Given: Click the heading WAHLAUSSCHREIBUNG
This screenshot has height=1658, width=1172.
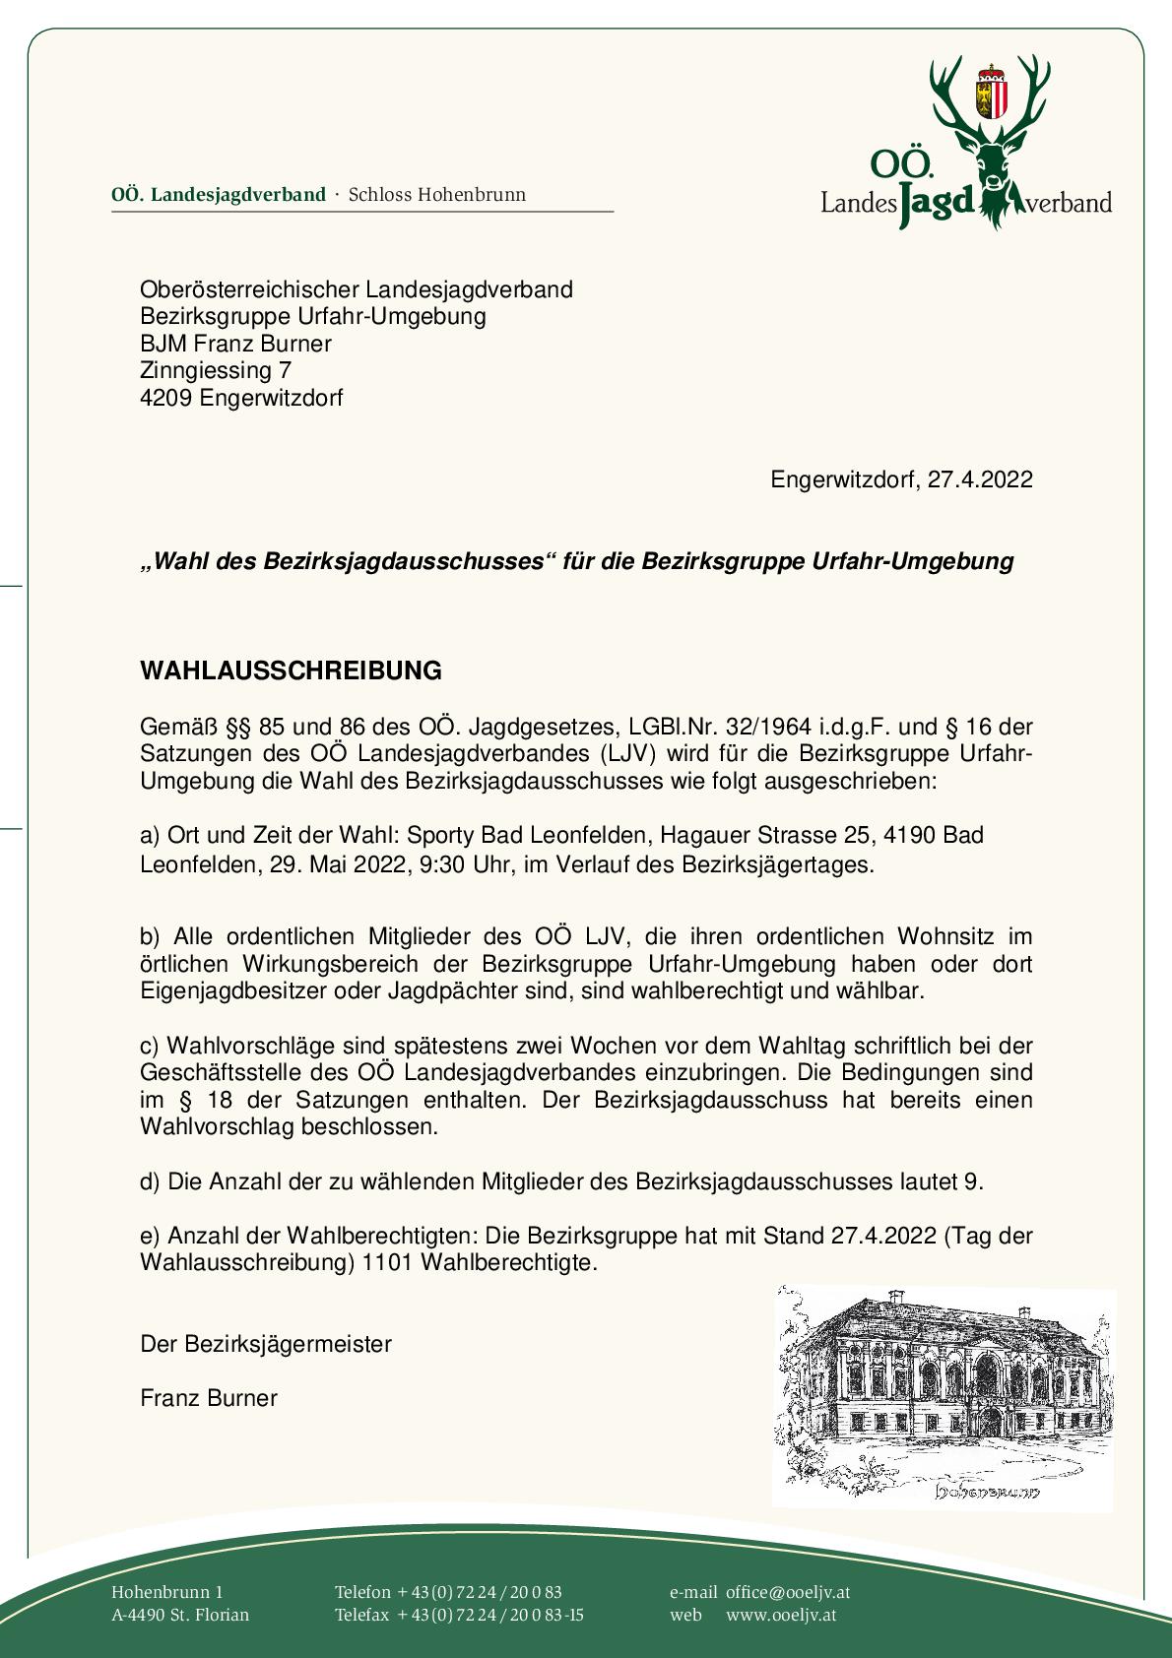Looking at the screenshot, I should [x=291, y=670].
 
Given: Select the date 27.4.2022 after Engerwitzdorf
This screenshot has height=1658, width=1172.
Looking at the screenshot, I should [x=980, y=479].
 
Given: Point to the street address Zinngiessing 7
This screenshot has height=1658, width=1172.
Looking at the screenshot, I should [x=216, y=370].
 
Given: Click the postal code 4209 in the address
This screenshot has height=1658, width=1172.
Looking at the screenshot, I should [x=166, y=398].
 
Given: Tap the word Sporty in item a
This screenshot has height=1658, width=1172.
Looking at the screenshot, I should [x=440, y=835].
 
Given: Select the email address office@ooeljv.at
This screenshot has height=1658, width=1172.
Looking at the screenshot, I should [x=788, y=1592].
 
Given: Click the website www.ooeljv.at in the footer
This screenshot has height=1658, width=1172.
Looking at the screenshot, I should [x=781, y=1615].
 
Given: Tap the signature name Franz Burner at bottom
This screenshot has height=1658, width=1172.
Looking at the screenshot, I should [x=209, y=1398].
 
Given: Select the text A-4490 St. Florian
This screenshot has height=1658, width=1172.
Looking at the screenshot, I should [x=180, y=1615].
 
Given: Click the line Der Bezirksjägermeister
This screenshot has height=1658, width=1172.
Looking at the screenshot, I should [x=266, y=1344].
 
